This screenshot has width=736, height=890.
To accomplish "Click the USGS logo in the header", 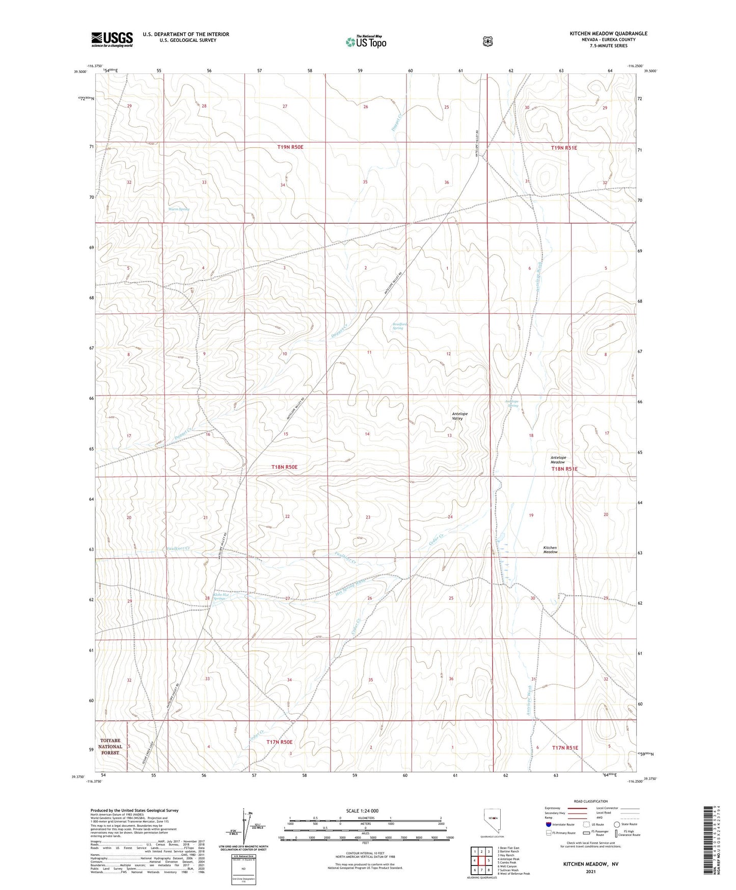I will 112,39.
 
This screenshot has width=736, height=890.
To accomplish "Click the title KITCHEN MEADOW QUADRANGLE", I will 608,34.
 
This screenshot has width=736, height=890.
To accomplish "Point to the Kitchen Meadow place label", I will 550,549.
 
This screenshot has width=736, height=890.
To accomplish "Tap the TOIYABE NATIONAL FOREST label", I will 111,746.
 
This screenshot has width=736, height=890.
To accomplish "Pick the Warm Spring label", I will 179,209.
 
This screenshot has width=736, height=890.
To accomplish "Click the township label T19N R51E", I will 564,147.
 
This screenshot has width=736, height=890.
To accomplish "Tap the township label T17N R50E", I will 279,742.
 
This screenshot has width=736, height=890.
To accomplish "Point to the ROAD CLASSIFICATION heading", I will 590,801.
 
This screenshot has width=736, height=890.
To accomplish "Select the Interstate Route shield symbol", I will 548,824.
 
